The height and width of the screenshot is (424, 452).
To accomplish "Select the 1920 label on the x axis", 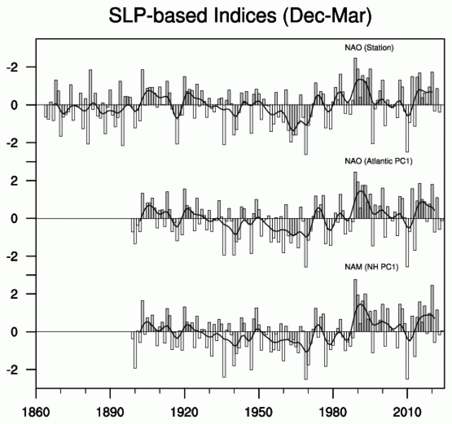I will click(184, 406).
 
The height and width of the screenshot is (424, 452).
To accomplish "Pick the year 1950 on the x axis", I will click(258, 406).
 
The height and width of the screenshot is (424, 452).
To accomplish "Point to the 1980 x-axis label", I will click(332, 406).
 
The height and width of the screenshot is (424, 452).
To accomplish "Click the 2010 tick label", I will click(407, 406).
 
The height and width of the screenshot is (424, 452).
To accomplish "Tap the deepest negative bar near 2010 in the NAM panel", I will click(407, 355).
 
